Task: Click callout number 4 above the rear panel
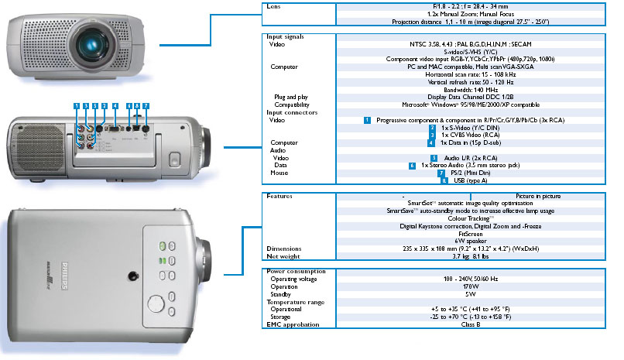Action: [115, 105]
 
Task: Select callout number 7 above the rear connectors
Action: [146, 105]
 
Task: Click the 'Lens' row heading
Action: [274, 5]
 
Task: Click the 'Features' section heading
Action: [279, 197]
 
